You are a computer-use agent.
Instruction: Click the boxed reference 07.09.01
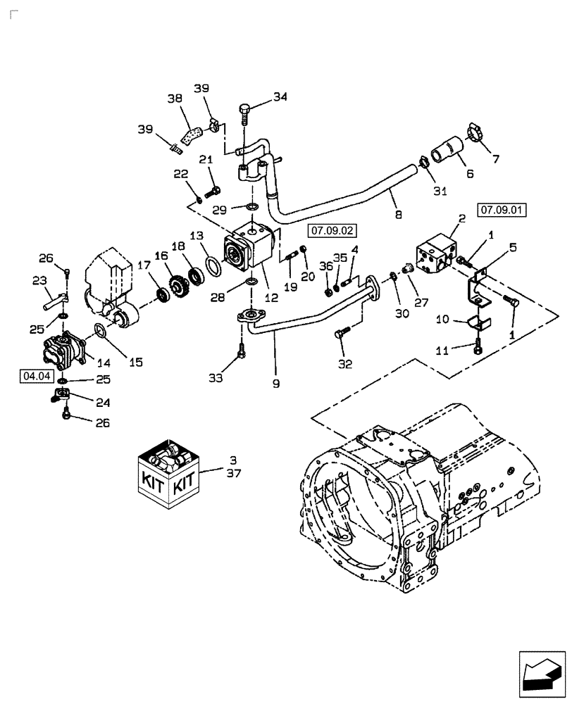pos(503,209)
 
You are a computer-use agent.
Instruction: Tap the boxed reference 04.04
pos(37,377)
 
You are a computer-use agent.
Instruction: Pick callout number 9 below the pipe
pos(276,383)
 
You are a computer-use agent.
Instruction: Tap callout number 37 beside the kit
pos(233,473)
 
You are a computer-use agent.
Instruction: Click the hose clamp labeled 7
pos(478,134)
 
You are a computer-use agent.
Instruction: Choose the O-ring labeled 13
pos(211,268)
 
